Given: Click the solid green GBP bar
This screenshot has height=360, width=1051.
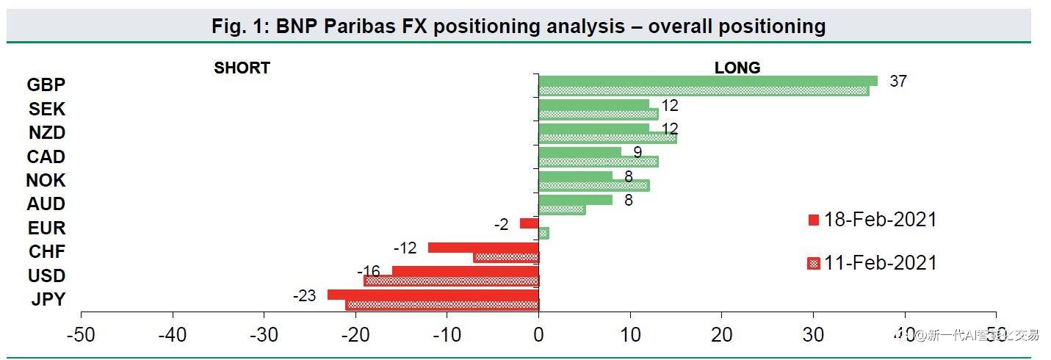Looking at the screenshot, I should pos(708,81).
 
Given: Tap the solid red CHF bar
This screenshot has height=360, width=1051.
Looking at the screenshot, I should pos(483,248).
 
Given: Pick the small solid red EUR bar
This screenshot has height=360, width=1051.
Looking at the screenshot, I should pos(529,223).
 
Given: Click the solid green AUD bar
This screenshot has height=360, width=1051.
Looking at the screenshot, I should pos(575,199).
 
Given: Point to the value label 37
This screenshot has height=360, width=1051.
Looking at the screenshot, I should pos(897,81).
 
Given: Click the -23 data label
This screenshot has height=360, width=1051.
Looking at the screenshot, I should pos(304,296).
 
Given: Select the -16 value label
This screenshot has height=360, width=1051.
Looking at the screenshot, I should pos(369,272).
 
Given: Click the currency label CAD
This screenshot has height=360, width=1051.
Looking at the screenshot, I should pos(46,156).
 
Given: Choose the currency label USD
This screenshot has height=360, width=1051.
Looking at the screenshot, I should pos(46,276).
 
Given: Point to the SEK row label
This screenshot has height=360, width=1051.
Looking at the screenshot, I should pos(47,109).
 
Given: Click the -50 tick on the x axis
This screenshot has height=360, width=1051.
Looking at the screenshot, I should pos(81,335).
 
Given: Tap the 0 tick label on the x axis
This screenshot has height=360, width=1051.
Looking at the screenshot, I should pos(538,335).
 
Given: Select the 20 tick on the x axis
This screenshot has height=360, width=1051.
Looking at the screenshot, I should pos(721,335).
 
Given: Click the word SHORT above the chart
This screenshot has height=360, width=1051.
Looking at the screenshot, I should pos(242,68).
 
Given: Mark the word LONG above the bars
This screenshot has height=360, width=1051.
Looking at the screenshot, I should pos(737,68).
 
